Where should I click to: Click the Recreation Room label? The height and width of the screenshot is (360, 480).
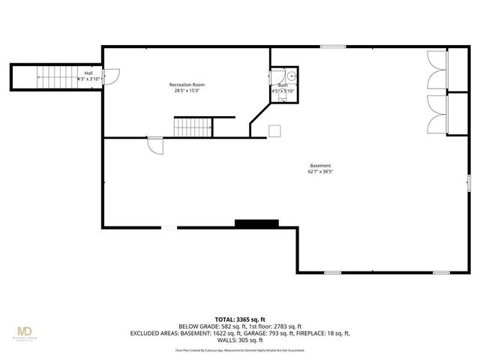[187, 85]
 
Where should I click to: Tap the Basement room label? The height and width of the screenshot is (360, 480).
[320, 166]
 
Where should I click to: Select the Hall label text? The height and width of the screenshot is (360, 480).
[88, 73]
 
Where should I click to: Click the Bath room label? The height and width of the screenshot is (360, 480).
[283, 85]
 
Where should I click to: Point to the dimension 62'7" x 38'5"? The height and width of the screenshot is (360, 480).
[320, 172]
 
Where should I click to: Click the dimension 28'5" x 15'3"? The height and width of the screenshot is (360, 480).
[187, 91]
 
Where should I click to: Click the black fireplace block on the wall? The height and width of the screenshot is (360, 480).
[256, 223]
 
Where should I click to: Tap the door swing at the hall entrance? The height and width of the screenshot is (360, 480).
[110, 76]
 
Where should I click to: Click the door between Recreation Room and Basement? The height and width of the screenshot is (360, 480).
[155, 145]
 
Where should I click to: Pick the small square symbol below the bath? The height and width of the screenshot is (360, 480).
[275, 130]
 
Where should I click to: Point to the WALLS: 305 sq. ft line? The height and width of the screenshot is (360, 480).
[240, 340]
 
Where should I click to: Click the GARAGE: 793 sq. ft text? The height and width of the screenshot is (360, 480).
[283, 333]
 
